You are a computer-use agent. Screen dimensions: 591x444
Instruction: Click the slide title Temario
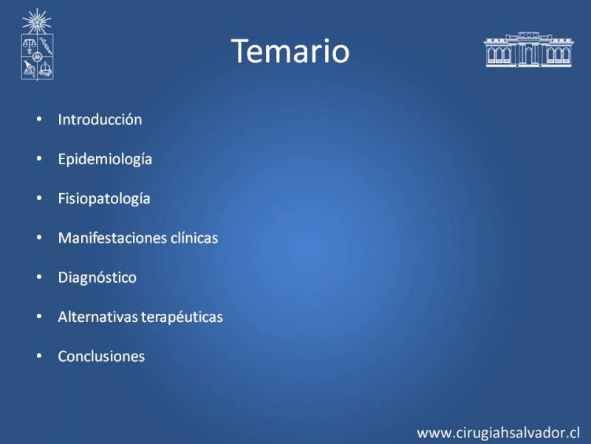pyautogui.click(x=290, y=51)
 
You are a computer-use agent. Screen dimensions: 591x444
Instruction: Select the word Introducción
pyautogui.click(x=100, y=120)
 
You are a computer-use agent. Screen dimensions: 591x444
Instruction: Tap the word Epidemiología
pyautogui.click(x=105, y=160)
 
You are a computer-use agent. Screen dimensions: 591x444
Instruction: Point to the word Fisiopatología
pyautogui.click(x=104, y=199)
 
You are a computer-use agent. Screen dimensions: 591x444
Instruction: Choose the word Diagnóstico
pyautogui.click(x=98, y=278)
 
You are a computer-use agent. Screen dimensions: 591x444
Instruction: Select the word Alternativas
pyautogui.click(x=98, y=317)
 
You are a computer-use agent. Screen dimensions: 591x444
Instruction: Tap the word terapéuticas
pyautogui.click(x=182, y=317)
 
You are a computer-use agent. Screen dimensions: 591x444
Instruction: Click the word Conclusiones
pyautogui.click(x=101, y=357)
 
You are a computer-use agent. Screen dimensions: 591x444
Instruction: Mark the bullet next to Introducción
pyautogui.click(x=39, y=119)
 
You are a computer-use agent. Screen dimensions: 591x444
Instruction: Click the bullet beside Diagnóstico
pyautogui.click(x=39, y=277)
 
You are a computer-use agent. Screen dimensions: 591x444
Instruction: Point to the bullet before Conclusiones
pyautogui.click(x=39, y=356)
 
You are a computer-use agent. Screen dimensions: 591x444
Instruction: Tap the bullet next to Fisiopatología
pyautogui.click(x=39, y=198)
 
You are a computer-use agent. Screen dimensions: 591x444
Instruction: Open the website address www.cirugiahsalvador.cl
pyautogui.click(x=498, y=433)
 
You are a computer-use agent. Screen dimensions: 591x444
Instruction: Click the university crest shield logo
pyautogui.click(x=37, y=57)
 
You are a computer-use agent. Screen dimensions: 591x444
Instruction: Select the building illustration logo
pyautogui.click(x=528, y=50)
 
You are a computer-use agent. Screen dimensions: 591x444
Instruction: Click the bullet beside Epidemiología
pyautogui.click(x=39, y=159)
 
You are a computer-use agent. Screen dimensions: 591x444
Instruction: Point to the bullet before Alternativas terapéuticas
pyautogui.click(x=39, y=317)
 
